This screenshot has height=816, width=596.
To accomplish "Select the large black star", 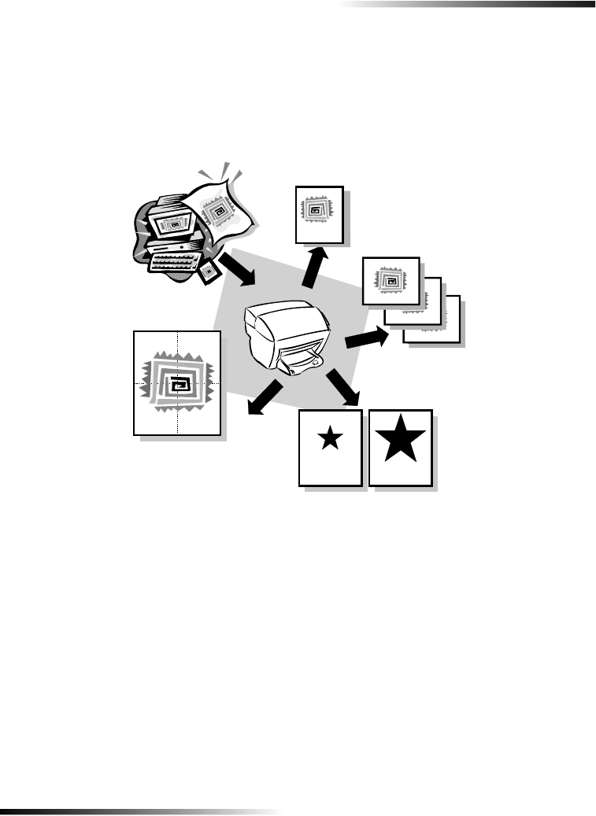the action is pos(400,438).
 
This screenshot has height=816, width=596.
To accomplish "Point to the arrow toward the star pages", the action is pos(343,386).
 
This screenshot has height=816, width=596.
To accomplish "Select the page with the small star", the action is pos(331,448).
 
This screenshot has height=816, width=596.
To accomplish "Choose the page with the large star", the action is pos(401,449).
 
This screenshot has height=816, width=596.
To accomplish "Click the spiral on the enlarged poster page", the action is pos(178,382).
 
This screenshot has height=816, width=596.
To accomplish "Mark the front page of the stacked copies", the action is pos(391,280).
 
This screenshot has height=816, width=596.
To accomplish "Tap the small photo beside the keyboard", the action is pos(209,271).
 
